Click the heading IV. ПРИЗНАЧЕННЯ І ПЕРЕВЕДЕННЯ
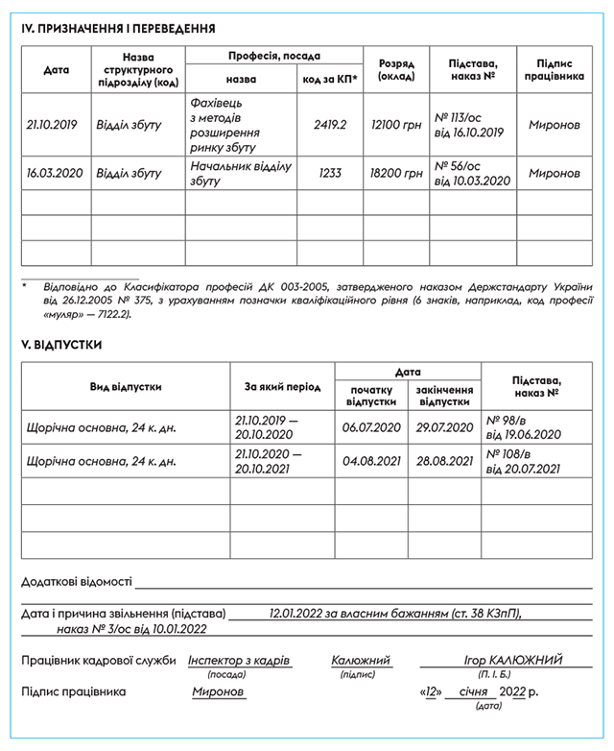118,29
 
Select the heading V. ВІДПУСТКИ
61,344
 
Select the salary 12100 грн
396,125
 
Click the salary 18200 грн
396,173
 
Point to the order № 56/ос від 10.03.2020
472,173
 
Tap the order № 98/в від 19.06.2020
522,427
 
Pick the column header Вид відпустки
126,386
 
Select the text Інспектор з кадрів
239,661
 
